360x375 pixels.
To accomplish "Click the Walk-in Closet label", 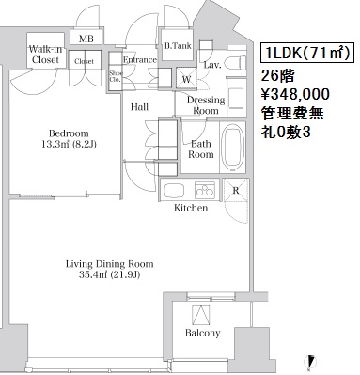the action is tap(45, 55).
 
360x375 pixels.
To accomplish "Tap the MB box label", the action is tap(86, 39).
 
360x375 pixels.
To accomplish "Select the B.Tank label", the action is tap(178, 46).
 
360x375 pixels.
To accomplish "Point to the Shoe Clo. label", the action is tap(116, 76).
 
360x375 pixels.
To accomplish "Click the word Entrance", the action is tap(140, 60).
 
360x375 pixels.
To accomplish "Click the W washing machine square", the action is tap(186, 78).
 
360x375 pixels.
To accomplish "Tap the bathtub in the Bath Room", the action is tap(232, 148).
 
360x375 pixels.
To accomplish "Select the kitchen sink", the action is tap(175, 190).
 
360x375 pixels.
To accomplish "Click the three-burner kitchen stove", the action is tap(205, 190).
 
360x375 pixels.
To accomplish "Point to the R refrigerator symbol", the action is tap(236, 190).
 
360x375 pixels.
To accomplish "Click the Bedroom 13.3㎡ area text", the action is tap(69, 139).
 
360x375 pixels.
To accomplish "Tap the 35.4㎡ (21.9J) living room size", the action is tap(109, 274).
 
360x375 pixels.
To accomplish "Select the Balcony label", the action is tap(203, 333).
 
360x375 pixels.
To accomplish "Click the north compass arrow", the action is tap(311, 361).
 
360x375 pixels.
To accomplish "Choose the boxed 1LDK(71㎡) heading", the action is tap(307, 53).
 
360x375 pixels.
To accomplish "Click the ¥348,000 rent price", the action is tap(295, 94).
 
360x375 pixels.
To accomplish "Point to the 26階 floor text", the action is tap(278, 75).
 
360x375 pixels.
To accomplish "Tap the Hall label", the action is tap(139, 107).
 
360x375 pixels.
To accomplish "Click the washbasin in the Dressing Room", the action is tap(237, 98).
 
